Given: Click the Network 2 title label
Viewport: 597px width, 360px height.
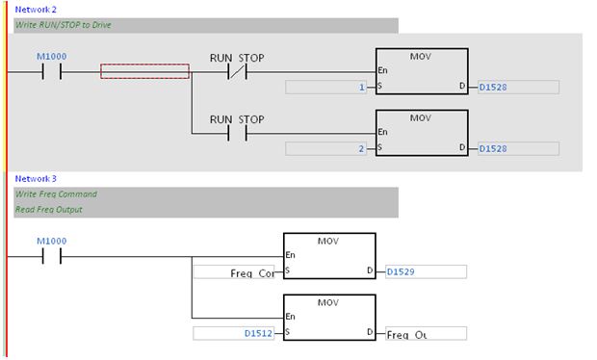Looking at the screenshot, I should click(x=35, y=9).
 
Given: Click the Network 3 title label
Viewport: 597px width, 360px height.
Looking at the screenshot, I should click(x=35, y=178).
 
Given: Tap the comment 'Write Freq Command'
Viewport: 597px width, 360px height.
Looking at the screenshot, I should click(x=55, y=194).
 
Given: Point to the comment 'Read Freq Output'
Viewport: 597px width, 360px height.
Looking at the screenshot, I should click(x=48, y=210).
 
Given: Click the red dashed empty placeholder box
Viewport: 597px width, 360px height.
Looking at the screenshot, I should click(x=144, y=71).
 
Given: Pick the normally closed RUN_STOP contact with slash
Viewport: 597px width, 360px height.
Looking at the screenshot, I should click(x=237, y=71).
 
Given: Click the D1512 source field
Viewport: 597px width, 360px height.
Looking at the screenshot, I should click(x=237, y=333).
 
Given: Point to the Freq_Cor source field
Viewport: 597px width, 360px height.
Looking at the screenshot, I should click(x=237, y=271).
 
